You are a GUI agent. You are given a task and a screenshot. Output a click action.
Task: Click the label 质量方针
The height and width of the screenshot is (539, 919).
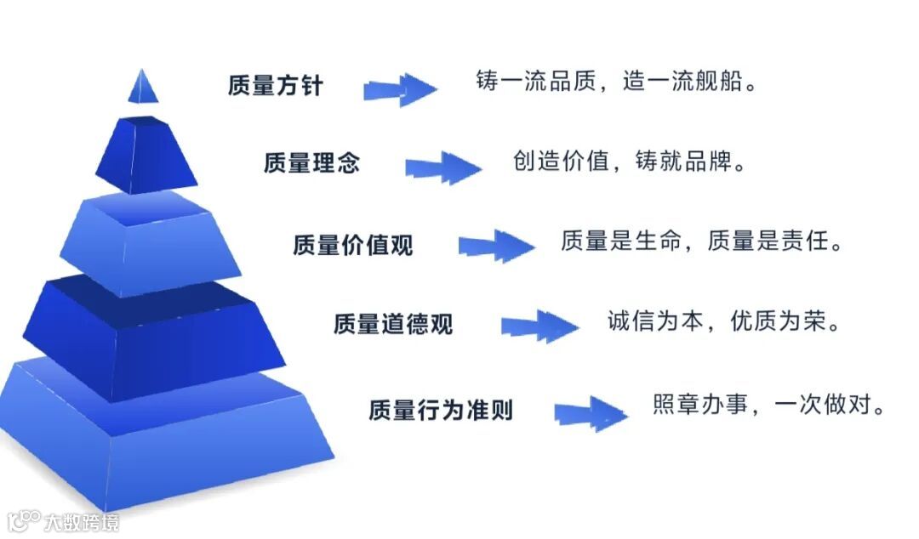pos(275,86)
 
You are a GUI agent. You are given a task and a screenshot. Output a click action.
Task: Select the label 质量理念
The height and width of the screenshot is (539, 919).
pos(311,163)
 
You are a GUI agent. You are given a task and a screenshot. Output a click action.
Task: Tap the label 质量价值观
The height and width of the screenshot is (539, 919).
pos(352,245)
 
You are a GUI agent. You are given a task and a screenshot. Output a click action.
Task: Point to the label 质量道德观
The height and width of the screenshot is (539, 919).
pos(393,324)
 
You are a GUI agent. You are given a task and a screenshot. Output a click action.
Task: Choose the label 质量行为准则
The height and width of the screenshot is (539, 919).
pos(441,411)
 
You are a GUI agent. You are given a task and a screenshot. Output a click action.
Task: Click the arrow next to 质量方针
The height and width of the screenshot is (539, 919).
pos(400,89)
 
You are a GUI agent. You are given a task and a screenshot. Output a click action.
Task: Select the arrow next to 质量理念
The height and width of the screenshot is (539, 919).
pos(442,167)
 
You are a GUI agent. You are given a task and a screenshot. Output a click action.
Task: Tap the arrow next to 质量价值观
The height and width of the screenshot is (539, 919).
pos(496,247)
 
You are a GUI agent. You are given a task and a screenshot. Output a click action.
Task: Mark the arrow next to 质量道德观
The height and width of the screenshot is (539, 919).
pos(539,326)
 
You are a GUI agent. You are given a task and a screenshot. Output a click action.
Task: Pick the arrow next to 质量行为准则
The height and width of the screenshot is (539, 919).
pos(591,413)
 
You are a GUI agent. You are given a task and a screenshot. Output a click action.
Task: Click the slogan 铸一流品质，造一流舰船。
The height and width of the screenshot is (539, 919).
pos(615,82)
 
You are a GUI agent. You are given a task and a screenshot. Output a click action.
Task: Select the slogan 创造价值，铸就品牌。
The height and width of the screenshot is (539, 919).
pos(629,161)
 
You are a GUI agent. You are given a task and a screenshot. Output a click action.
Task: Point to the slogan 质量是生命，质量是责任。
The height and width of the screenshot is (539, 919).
pos(702,241)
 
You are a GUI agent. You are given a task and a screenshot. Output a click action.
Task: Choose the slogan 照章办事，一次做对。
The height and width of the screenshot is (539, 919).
pos(769,404)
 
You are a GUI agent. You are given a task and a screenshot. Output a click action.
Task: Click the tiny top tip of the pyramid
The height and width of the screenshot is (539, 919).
pos(143,86)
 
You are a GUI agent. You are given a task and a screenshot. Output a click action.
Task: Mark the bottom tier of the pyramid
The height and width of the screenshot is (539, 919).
pos(162,434)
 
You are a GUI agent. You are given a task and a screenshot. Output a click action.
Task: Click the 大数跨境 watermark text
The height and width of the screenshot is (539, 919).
pos(83,520)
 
